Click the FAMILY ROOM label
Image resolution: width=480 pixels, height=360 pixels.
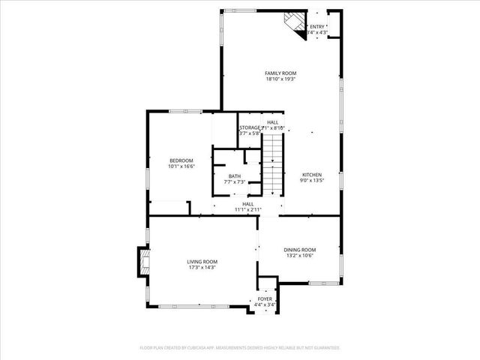tap(280, 73)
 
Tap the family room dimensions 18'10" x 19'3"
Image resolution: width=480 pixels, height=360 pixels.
tap(280, 79)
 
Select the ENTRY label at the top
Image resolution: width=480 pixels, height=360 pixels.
tap(317, 27)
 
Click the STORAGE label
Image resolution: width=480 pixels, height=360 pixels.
tap(250, 128)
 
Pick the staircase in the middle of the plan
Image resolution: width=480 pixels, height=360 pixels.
tap(272, 166)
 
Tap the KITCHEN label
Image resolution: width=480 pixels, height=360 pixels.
tap(311, 175)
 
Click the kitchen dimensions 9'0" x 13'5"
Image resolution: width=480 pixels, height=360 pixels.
tap(311, 181)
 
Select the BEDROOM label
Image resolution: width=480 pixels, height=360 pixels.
tap(181, 160)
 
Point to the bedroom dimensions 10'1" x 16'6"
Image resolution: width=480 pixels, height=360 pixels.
tap(181, 166)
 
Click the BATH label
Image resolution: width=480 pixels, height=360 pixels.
tap(235, 176)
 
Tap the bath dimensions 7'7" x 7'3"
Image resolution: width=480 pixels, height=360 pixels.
tap(235, 182)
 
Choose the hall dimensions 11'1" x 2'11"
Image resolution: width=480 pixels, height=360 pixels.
tap(247, 209)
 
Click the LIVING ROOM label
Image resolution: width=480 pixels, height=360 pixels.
tap(201, 262)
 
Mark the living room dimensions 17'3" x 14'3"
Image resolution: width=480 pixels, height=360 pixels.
tap(201, 268)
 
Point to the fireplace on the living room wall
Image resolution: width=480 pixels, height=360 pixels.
tap(142, 262)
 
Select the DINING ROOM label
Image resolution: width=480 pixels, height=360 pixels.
tap(299, 250)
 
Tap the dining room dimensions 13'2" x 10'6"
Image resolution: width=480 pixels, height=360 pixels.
tap(299, 256)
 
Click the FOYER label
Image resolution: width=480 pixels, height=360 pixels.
tap(265, 299)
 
